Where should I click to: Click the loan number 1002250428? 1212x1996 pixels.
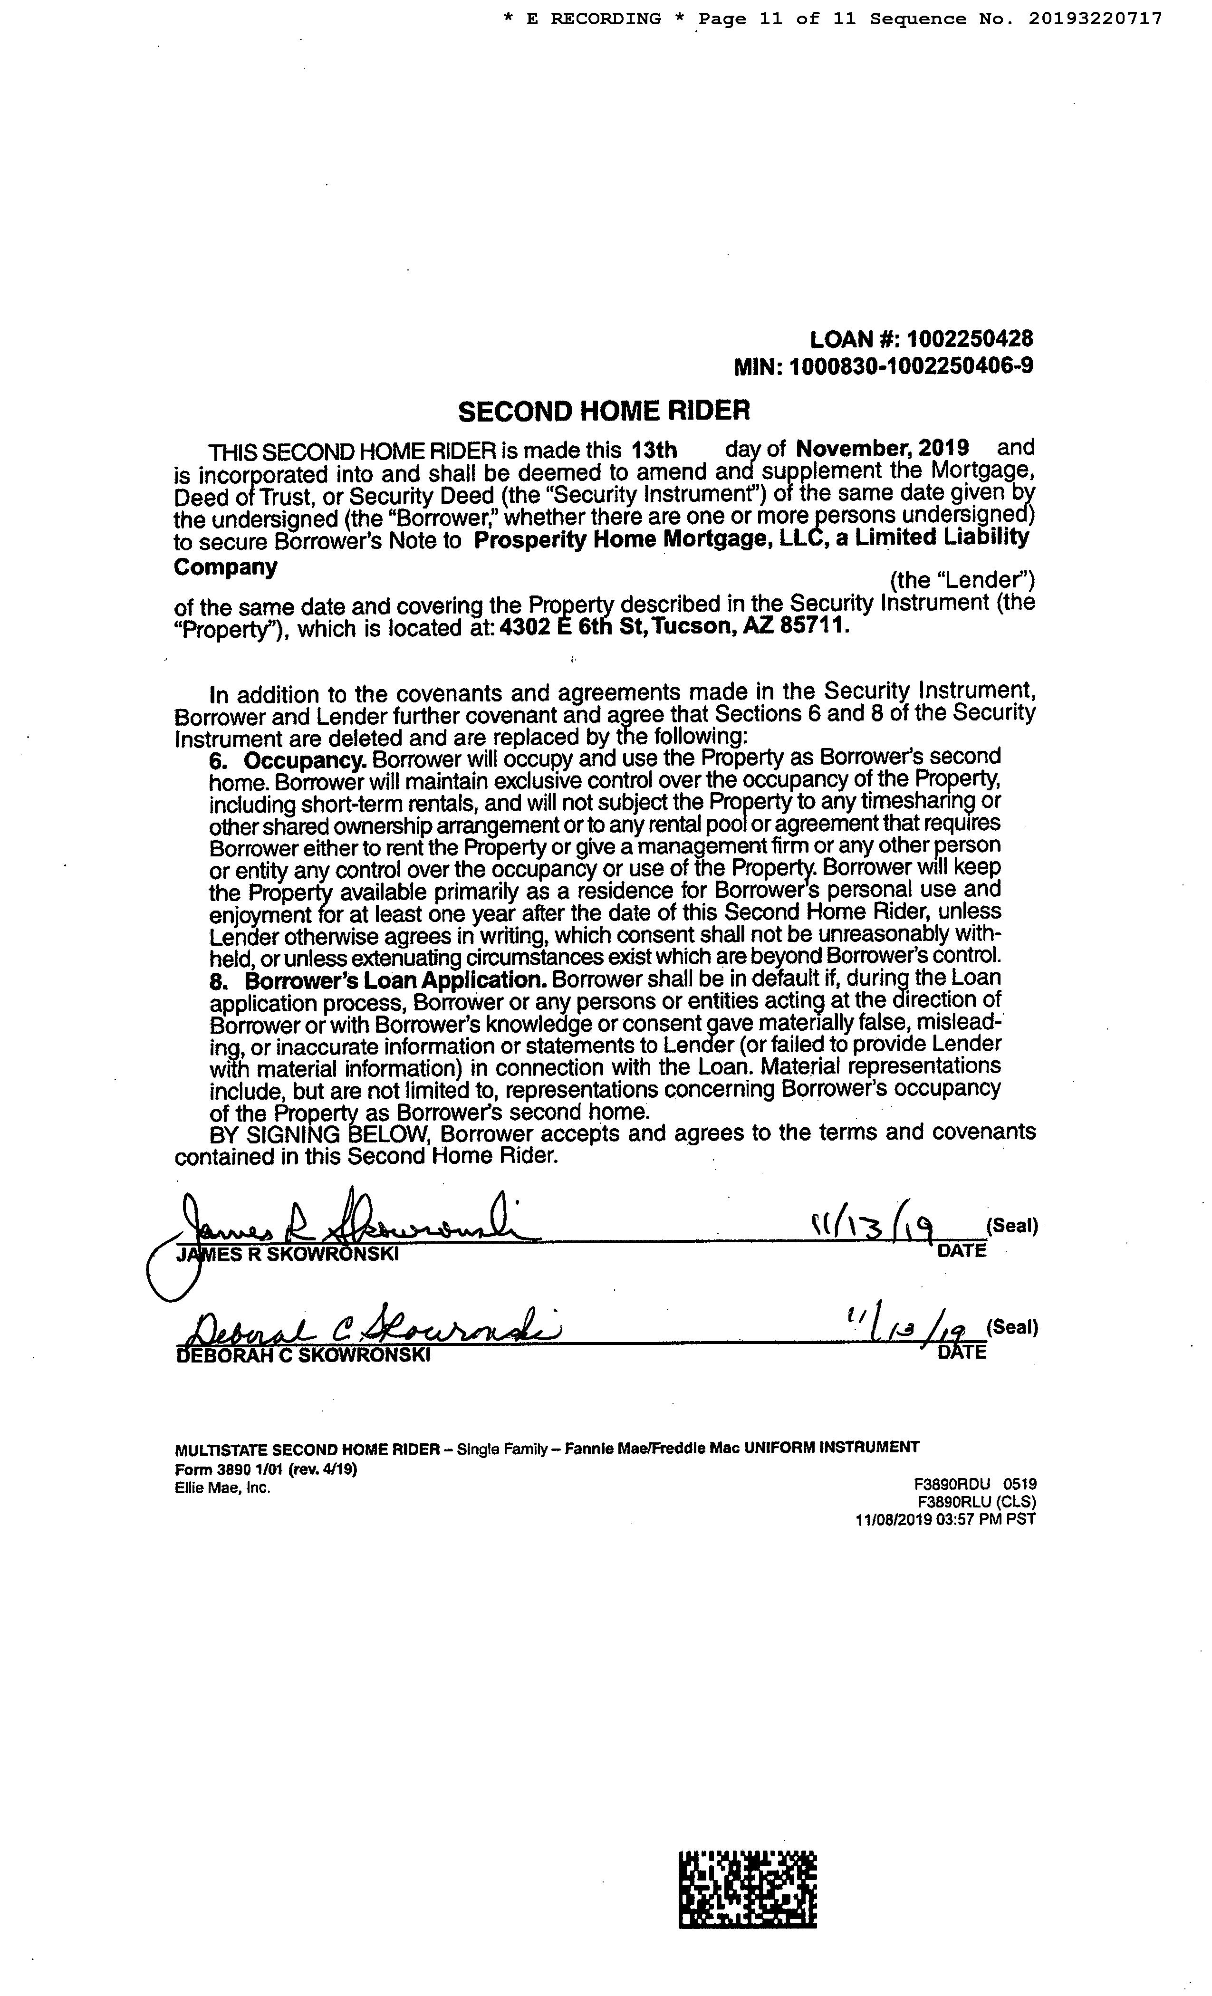970,339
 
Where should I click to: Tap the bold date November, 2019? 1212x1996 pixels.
882,448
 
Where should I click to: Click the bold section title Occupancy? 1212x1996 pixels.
306,761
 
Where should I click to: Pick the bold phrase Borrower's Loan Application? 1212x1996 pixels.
393,979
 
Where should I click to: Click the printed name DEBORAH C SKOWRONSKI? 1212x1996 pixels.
303,1355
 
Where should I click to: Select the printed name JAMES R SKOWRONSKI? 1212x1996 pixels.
288,1254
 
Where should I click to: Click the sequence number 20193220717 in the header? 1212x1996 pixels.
1096,19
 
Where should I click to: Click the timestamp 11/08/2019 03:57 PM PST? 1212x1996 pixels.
945,1519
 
